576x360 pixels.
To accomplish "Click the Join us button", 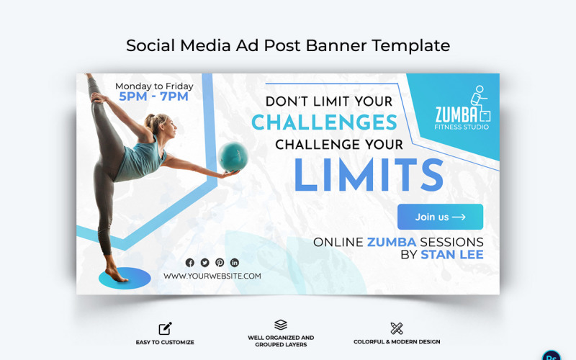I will (x=440, y=217).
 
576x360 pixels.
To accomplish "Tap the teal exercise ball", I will (x=233, y=156).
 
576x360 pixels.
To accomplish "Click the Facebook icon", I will (x=190, y=263).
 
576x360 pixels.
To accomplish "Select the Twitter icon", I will (x=204, y=263).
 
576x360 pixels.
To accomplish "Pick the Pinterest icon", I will (x=220, y=263).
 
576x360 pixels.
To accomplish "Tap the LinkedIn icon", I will (x=234, y=263).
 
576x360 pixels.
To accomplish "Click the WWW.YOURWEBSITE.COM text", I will (x=212, y=276).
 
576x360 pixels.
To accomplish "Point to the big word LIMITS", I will (x=368, y=174).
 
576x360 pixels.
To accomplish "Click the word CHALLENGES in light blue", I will (x=324, y=123).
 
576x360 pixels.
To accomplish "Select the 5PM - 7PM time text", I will (x=153, y=96).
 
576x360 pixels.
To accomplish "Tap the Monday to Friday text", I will (x=154, y=86).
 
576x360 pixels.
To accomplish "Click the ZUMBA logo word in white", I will (x=456, y=114).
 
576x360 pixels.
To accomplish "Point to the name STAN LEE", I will (x=451, y=254).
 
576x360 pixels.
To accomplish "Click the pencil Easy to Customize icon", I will (x=165, y=328).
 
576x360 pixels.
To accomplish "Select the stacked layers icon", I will (x=281, y=325).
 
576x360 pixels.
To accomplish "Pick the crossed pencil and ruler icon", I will (x=396, y=328).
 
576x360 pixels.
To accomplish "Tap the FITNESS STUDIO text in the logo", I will (x=462, y=127).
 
